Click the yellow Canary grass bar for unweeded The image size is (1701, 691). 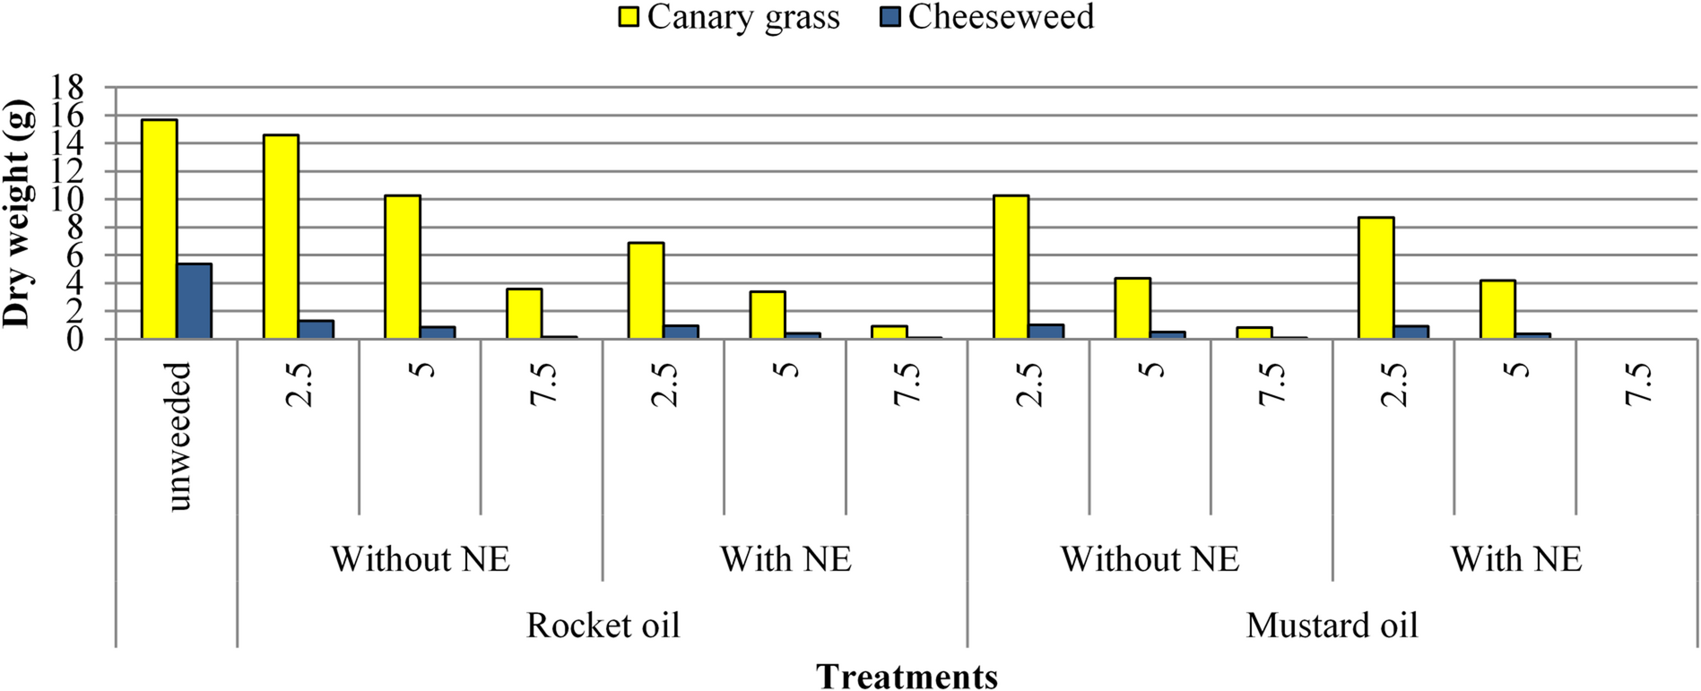tap(160, 229)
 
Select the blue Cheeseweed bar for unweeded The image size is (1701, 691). tap(195, 301)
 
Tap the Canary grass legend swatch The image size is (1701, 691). tap(629, 17)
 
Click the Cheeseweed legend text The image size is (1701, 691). tap(1001, 17)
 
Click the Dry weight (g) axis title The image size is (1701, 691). tap(18, 213)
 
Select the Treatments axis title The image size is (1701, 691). tap(907, 676)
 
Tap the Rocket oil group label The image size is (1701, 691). tap(603, 625)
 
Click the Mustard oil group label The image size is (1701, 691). tap(1332, 625)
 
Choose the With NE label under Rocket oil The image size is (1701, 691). tap(785, 558)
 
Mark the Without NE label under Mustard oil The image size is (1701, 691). tap(1150, 558)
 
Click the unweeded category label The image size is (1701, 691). tap(178, 436)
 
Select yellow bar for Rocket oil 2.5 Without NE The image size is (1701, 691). tap(281, 238)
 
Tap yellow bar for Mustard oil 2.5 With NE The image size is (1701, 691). tap(1376, 278)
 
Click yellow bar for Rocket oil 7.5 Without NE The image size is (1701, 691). tap(525, 314)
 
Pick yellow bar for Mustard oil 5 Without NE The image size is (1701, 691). tap(1133, 308)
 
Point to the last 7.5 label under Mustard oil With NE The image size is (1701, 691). tap(1637, 384)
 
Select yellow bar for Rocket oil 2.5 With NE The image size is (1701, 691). tap(646, 290)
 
